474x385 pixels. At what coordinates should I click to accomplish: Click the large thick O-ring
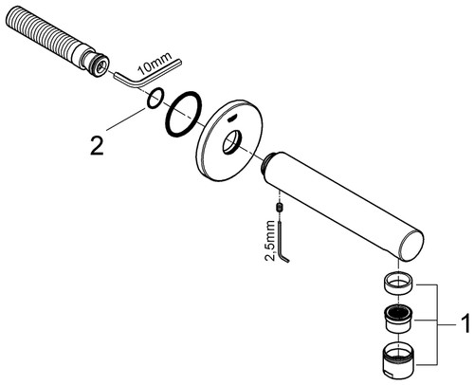pyautogui.click(x=183, y=115)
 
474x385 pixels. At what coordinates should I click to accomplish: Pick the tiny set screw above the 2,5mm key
pyautogui.click(x=280, y=208)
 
